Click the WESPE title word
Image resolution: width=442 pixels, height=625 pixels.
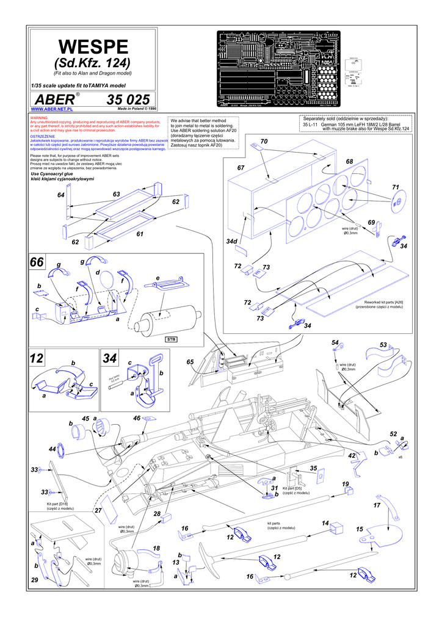pyautogui.click(x=93, y=46)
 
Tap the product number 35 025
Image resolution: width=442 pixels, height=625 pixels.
pyautogui.click(x=128, y=99)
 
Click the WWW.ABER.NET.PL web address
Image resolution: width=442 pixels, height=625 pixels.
pyautogui.click(x=52, y=109)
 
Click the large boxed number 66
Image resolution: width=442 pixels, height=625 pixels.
pyautogui.click(x=37, y=262)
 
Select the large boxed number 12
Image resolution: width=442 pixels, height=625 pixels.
pyautogui.click(x=37, y=359)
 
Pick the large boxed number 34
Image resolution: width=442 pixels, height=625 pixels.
pyautogui.click(x=111, y=359)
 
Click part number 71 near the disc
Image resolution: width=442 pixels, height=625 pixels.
pyautogui.click(x=395, y=187)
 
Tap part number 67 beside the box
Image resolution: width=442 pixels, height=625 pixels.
pyautogui.click(x=241, y=167)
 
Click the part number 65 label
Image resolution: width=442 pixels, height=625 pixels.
pyautogui.click(x=190, y=362)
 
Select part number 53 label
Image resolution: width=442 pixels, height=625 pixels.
pyautogui.click(x=383, y=345)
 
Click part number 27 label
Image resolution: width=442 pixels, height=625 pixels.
pyautogui.click(x=98, y=510)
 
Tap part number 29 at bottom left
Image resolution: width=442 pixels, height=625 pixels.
pyautogui.click(x=34, y=579)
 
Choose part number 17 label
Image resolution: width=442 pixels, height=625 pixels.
pyautogui.click(x=377, y=506)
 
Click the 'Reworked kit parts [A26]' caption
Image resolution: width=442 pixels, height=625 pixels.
pyautogui.click(x=383, y=304)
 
